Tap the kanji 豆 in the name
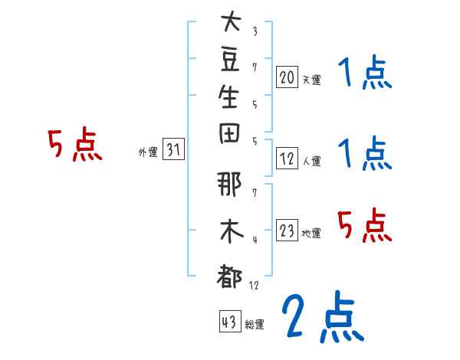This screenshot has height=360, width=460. (x=229, y=61)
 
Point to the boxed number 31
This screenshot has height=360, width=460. (x=174, y=150)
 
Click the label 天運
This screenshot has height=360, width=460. (x=312, y=79)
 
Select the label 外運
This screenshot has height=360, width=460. (x=148, y=152)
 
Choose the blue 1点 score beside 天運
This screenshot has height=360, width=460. (x=364, y=74)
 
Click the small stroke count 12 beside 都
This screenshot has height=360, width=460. (x=255, y=285)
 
